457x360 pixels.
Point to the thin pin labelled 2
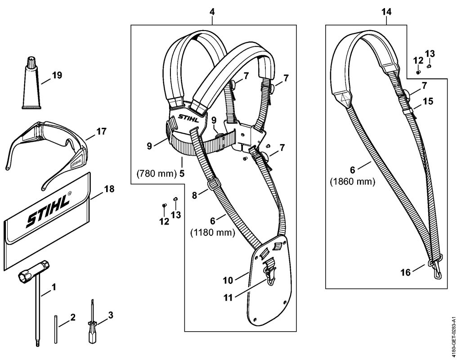tap(56, 329)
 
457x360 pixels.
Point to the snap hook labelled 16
tap(436, 265)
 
